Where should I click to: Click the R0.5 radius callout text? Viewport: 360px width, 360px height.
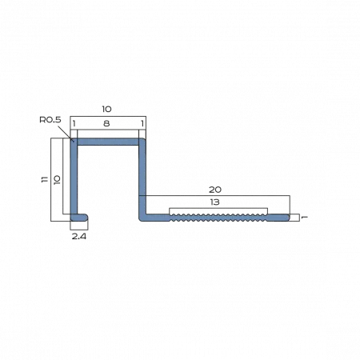pos(50,120)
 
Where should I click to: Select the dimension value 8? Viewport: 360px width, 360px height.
pos(106,123)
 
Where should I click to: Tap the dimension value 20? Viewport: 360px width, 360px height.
pos(215,190)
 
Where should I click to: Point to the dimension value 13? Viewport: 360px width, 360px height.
pos(214,202)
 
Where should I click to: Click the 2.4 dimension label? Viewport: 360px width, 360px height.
pos(79,236)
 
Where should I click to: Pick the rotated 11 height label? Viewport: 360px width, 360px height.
pos(45,179)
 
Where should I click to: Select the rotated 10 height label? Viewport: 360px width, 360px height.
pos(57,180)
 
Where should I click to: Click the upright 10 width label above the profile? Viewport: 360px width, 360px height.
pos(106,109)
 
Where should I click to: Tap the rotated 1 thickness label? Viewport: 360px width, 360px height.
pos(304,218)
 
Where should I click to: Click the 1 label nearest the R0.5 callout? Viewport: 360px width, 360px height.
pos(74,123)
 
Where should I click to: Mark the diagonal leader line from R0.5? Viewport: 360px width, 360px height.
pos(66,133)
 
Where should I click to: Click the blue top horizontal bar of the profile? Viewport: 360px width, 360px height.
pos(108,142)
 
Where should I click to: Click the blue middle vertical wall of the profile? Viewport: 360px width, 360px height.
pos(142,179)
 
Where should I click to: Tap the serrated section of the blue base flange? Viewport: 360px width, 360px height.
pos(218,218)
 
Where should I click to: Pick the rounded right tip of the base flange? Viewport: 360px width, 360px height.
pos(288,218)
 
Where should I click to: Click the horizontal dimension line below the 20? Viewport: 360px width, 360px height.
pos(214,196)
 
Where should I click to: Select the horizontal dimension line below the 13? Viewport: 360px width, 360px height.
pos(218,208)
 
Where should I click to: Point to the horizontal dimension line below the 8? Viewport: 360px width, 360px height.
pos(108,130)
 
